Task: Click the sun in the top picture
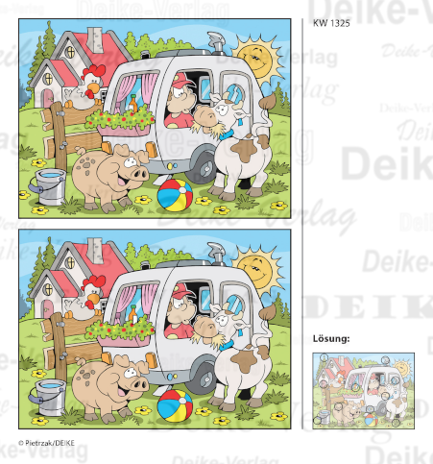coord(256,56)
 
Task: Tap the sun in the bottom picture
coord(256,266)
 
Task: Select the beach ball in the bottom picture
coord(174,403)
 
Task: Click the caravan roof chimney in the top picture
coord(214,39)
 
